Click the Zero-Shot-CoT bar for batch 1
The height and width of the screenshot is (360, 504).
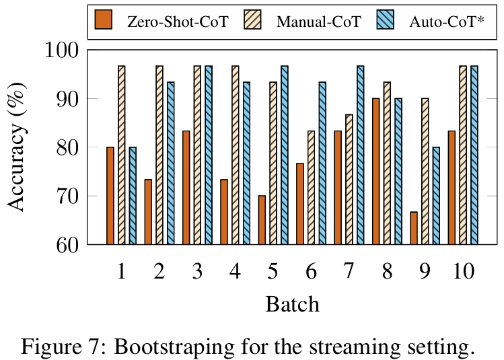click(110, 196)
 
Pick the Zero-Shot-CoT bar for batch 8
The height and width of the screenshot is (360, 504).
click(375, 172)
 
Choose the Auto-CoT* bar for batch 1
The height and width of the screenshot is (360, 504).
click(133, 196)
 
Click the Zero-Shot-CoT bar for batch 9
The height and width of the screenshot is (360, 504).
click(413, 228)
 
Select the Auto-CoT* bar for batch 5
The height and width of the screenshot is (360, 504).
click(284, 155)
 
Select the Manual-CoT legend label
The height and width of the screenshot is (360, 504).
click(318, 22)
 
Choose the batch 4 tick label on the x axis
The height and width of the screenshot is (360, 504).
click(236, 271)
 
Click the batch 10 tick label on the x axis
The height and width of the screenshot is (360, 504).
click(462, 271)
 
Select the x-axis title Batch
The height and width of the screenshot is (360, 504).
click(292, 304)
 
